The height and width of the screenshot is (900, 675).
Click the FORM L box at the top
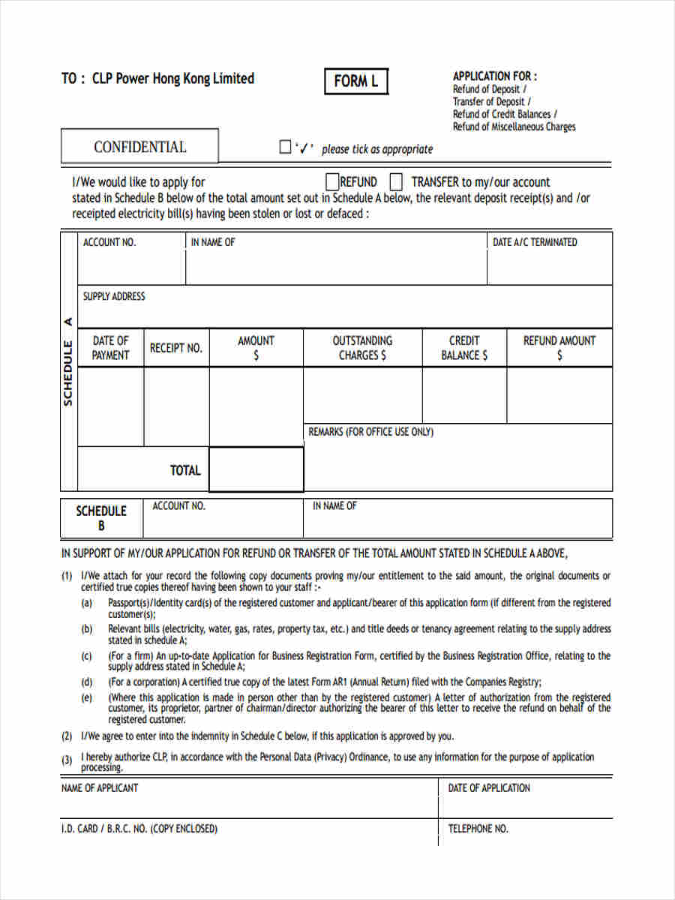click(356, 81)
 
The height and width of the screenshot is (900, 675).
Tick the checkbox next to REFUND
click(332, 181)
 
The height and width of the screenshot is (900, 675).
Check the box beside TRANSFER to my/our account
click(397, 181)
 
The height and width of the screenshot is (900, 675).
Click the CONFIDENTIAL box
click(139, 147)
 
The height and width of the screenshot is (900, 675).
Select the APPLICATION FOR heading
click(494, 76)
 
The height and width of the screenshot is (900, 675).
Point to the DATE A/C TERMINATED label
click(535, 242)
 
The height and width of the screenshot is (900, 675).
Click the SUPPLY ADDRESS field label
click(114, 296)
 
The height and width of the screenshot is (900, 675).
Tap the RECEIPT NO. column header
click(176, 348)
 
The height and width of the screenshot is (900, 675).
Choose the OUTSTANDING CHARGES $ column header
click(362, 348)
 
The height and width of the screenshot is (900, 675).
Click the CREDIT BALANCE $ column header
click(464, 348)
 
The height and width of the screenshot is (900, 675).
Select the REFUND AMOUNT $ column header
click(559, 348)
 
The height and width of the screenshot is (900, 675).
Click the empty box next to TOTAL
click(256, 469)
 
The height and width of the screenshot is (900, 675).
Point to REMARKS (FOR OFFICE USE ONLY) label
click(370, 432)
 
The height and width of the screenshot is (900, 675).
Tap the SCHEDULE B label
click(101, 518)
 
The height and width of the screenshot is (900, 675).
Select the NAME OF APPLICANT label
click(99, 787)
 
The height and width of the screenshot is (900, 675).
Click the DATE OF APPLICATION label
click(489, 787)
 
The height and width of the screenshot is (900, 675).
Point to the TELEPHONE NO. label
click(478, 829)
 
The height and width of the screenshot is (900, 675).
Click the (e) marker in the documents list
click(87, 698)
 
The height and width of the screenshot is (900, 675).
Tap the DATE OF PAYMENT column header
click(110, 348)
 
